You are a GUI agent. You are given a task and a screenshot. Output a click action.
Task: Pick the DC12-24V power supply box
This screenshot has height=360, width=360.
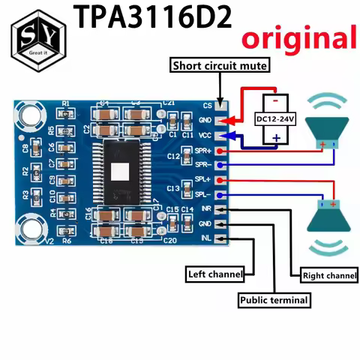(275, 118)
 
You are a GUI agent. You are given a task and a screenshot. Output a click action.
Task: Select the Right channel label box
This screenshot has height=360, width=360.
(328, 276)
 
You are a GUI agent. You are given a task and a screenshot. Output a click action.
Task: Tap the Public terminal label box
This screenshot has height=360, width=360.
(274, 300)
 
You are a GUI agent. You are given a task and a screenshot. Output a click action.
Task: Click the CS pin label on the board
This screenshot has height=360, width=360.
(208, 106)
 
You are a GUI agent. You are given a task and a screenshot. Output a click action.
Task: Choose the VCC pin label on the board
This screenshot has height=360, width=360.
(205, 136)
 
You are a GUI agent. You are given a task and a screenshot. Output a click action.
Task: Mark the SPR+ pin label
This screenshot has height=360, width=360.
(202, 151)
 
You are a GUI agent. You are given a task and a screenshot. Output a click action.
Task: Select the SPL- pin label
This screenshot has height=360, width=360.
(203, 194)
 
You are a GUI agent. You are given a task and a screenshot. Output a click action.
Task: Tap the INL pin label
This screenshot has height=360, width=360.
(205, 238)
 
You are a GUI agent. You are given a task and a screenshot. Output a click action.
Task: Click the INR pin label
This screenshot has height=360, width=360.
(205, 209)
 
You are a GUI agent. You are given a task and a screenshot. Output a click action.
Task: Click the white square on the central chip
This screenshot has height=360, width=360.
(121, 172)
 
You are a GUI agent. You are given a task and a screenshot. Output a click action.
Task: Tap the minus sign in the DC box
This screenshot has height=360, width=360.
(275, 100)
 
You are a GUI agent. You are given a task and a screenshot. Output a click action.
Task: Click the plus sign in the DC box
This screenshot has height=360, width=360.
(275, 137)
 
